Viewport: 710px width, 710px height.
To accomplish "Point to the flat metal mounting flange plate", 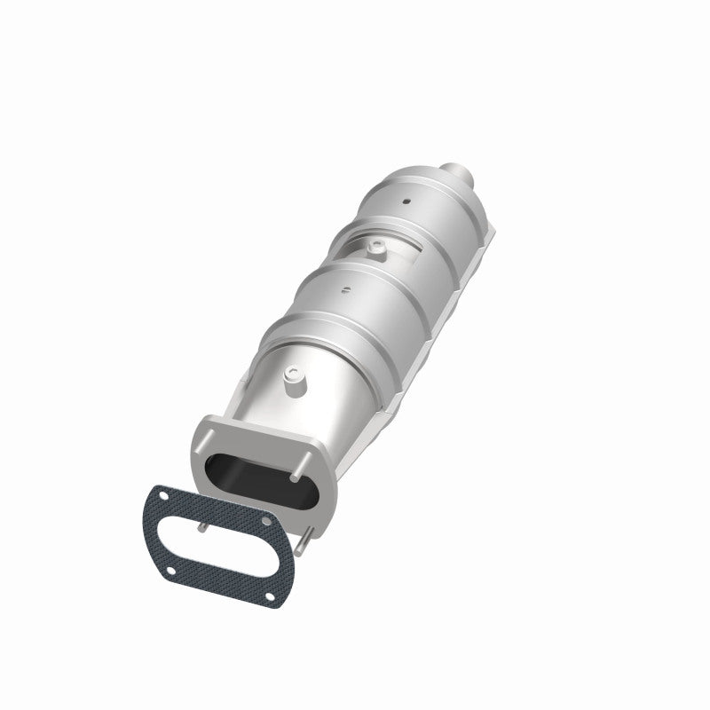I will click(x=204, y=461).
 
